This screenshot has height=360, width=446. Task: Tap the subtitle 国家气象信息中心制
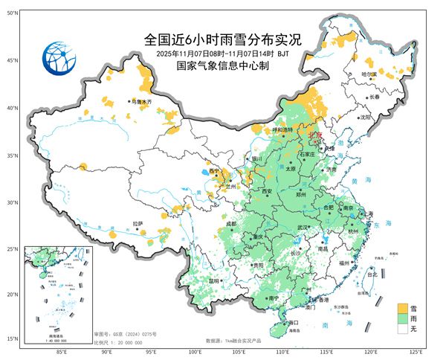(222, 65)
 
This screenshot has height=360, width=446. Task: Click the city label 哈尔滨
(369, 74)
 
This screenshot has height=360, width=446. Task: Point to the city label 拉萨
(138, 223)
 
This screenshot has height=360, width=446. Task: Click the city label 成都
(231, 223)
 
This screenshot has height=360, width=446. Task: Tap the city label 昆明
(215, 281)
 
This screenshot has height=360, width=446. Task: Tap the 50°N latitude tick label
(13, 13)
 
